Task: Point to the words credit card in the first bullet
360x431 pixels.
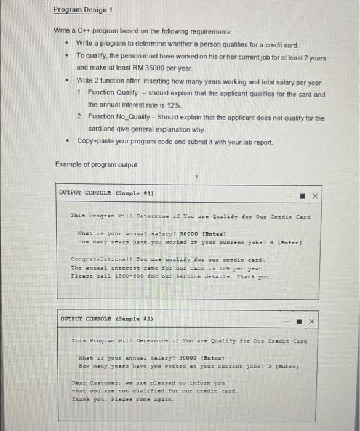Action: coord(280,44)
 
